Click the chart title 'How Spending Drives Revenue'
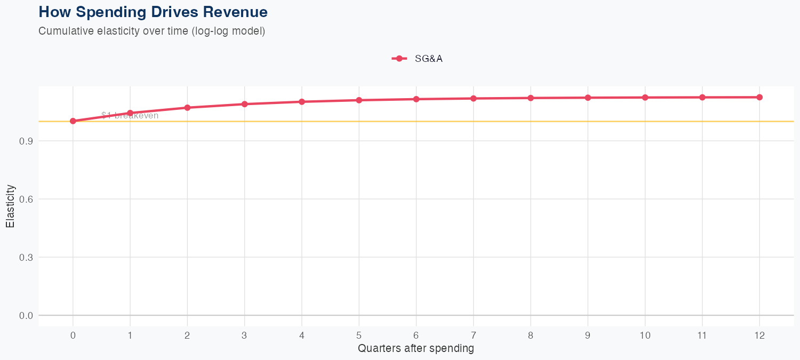pyautogui.click(x=153, y=12)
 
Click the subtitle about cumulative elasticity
pyautogui.click(x=151, y=31)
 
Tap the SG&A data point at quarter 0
pyautogui.click(x=73, y=121)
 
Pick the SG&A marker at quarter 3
pyautogui.click(x=245, y=104)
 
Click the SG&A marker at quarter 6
pyautogui.click(x=416, y=99)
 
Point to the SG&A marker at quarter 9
pyautogui.click(x=588, y=98)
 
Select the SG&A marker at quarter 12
pyautogui.click(x=759, y=97)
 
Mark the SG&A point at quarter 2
pyautogui.click(x=187, y=108)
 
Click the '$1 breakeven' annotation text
pyautogui.click(x=130, y=116)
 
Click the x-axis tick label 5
pyautogui.click(x=359, y=335)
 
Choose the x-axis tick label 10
pyautogui.click(x=645, y=335)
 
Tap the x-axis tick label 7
pyautogui.click(x=474, y=335)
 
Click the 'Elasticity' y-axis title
pyautogui.click(x=10, y=206)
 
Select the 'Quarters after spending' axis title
pyautogui.click(x=416, y=349)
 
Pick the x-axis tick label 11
pyautogui.click(x=702, y=335)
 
